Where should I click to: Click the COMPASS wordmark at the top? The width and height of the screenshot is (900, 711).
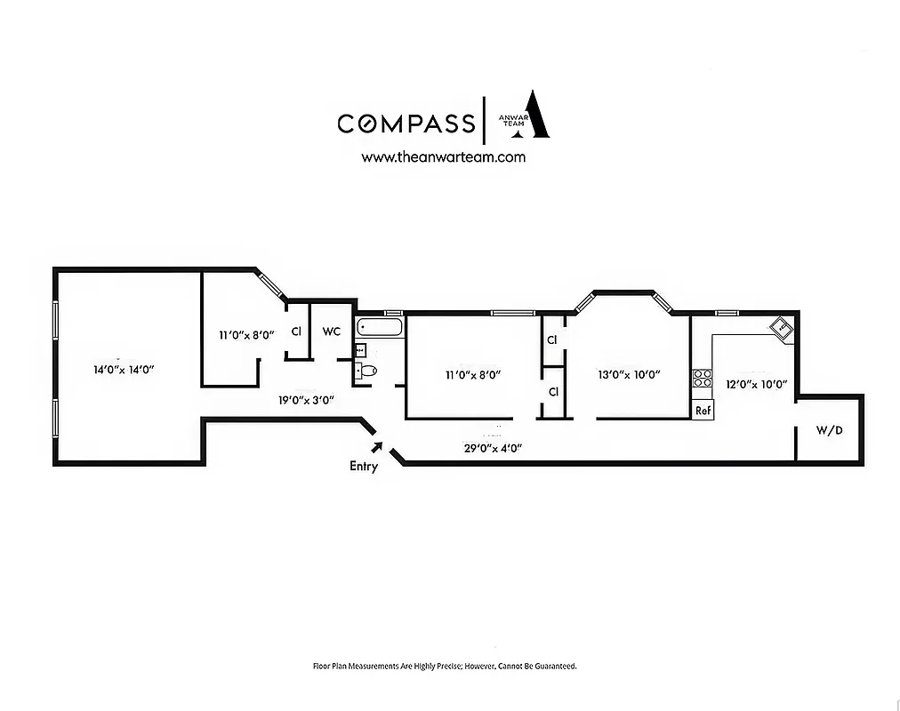click(406, 123)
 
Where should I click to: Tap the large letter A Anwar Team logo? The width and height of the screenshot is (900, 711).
click(534, 115)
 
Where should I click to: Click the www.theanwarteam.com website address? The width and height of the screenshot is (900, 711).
click(443, 157)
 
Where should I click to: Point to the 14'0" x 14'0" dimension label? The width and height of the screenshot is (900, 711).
click(125, 369)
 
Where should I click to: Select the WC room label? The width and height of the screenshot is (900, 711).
click(331, 332)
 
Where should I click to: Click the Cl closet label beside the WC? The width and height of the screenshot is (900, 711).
click(296, 332)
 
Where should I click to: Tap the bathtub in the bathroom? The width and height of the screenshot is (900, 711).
click(380, 328)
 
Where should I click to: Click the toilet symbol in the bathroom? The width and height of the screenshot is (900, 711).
click(366, 371)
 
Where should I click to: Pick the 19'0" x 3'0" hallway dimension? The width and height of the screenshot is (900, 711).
click(305, 401)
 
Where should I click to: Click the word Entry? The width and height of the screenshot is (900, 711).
click(363, 466)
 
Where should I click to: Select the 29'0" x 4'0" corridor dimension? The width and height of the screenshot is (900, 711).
click(492, 449)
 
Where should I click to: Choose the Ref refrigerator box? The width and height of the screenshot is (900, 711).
click(703, 411)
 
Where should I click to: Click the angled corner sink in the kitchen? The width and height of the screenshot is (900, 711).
click(781, 328)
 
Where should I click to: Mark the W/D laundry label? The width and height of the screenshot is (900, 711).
click(829, 431)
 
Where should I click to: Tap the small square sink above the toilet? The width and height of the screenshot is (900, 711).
click(360, 350)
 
